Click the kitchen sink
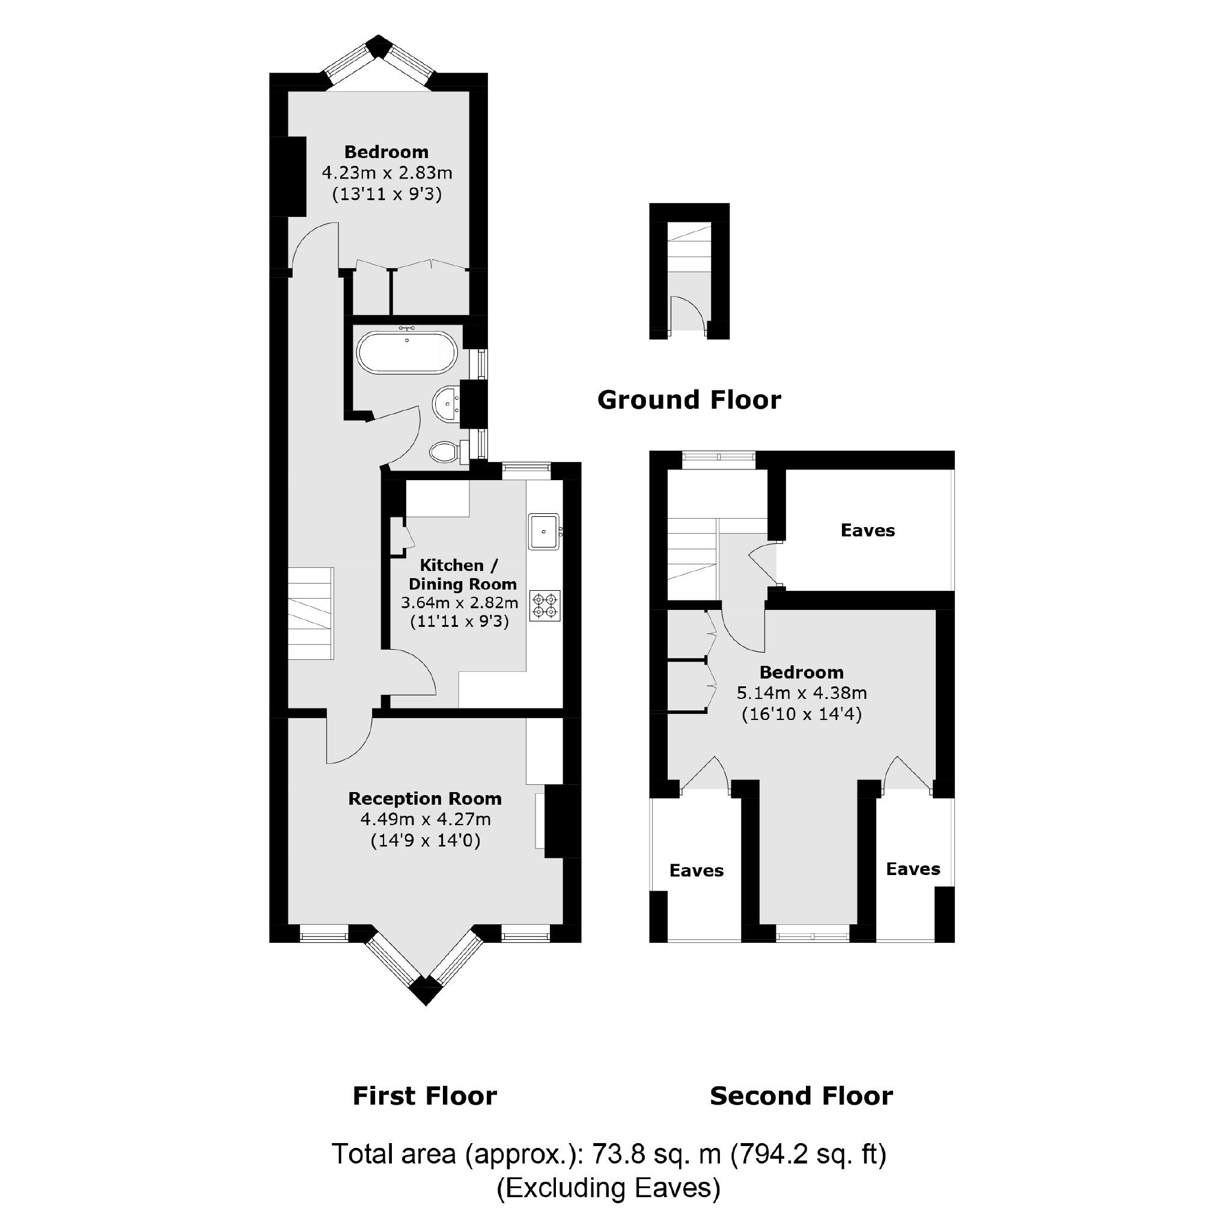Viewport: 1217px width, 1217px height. point(544,531)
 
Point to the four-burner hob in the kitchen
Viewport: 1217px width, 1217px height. point(545,605)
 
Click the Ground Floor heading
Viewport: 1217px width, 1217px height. point(689,400)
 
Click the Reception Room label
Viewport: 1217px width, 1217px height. point(424,799)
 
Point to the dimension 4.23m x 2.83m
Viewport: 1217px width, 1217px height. point(387,172)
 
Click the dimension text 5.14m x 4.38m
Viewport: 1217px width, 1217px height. point(801,693)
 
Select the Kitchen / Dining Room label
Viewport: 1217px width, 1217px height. point(462,575)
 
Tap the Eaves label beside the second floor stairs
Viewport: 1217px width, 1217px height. point(867,531)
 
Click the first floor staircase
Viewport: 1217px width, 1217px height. point(311,613)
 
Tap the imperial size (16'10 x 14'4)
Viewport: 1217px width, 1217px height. point(801,715)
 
